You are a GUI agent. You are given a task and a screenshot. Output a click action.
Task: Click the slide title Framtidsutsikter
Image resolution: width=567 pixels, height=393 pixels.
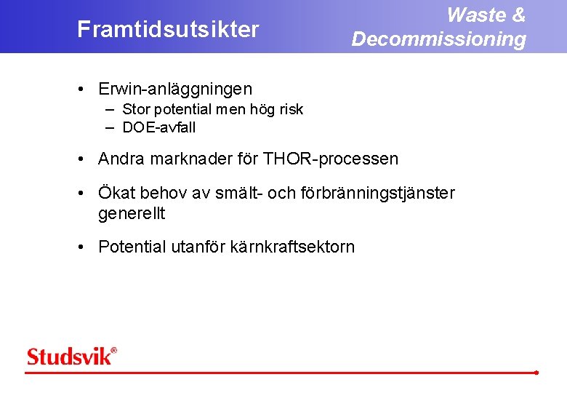(168, 30)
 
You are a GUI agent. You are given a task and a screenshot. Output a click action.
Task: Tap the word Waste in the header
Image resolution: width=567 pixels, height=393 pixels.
(476, 15)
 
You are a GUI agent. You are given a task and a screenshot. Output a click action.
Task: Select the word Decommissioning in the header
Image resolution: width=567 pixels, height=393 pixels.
(438, 39)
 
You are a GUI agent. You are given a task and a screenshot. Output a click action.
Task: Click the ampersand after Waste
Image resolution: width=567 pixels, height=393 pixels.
(518, 15)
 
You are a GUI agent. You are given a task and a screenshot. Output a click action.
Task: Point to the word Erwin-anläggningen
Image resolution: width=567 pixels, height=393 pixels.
(175, 89)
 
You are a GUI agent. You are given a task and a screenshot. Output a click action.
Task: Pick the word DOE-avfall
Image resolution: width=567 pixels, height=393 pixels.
(159, 128)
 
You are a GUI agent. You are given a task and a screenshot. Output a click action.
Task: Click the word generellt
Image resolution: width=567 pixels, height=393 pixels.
(132, 214)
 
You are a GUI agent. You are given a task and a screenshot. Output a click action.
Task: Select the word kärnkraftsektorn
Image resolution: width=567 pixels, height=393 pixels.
(292, 247)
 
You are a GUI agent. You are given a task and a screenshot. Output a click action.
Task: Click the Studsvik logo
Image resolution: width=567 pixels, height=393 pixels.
(71, 357)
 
